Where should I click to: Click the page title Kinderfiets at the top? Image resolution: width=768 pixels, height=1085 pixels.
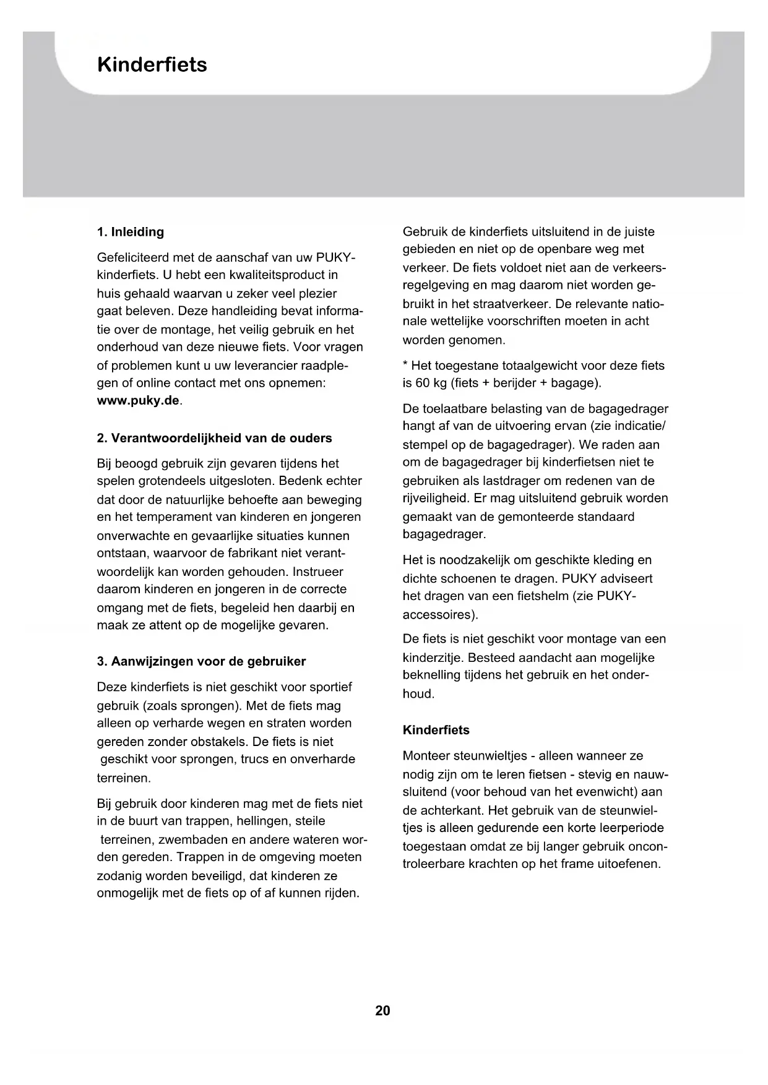pyautogui.click(x=152, y=65)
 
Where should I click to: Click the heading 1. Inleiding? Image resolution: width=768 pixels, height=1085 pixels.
pyautogui.click(x=130, y=232)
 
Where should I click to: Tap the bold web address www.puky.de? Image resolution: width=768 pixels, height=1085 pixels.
pyautogui.click(x=138, y=400)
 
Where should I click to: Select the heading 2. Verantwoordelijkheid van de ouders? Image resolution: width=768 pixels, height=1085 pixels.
pyautogui.click(x=214, y=438)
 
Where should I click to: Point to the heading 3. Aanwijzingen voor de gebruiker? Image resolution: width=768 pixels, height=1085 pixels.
pyautogui.click(x=201, y=661)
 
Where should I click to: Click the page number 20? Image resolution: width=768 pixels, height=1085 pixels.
pyautogui.click(x=382, y=1010)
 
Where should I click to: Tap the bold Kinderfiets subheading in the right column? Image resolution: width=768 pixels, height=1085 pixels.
pyautogui.click(x=436, y=730)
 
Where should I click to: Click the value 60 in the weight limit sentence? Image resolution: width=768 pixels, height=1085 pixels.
pyautogui.click(x=423, y=383)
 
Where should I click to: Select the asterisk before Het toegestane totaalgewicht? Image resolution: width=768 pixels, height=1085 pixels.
pyautogui.click(x=405, y=365)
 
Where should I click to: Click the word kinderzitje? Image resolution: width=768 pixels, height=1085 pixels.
pyautogui.click(x=432, y=658)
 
